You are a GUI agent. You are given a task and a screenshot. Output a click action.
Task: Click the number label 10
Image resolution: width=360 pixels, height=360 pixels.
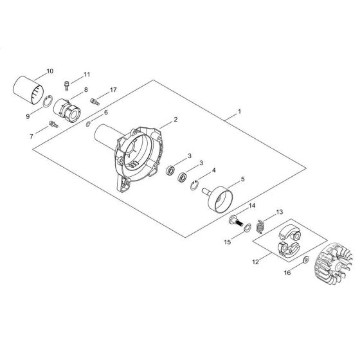coord(50,70)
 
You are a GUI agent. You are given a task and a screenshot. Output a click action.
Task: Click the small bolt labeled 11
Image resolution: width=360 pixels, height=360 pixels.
coord(68,84)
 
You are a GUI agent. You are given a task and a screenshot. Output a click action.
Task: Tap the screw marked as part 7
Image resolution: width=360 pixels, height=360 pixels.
coord(53,124)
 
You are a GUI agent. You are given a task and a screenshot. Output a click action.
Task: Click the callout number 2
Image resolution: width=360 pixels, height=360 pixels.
coord(175,120)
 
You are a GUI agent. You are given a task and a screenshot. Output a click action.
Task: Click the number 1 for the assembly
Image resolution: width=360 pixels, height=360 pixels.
coord(239,112)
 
